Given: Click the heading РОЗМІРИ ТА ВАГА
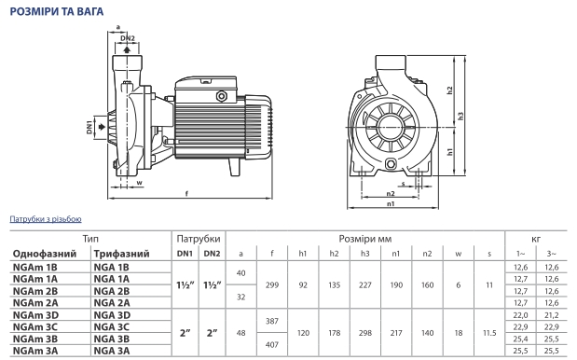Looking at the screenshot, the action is (x=56, y=11).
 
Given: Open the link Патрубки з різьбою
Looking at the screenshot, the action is (x=46, y=219).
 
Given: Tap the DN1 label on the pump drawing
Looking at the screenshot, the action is (x=89, y=127).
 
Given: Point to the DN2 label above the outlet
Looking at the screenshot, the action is (x=128, y=38).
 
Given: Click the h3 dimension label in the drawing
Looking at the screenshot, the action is (x=460, y=117).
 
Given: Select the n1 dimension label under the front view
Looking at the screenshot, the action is (x=391, y=203).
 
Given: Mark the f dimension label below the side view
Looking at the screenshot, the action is (x=186, y=194).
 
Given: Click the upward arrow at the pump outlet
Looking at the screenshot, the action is (x=127, y=49).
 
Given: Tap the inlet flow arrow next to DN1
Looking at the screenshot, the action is (x=102, y=127).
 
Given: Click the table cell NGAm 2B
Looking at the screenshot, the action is (x=35, y=291).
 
